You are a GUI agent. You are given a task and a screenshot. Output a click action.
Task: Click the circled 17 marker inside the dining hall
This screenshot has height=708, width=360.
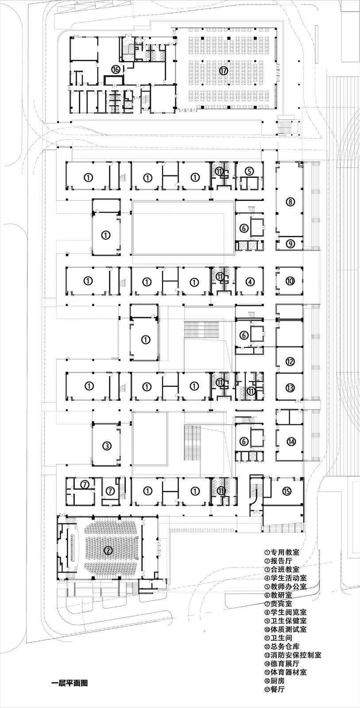[x=224, y=70]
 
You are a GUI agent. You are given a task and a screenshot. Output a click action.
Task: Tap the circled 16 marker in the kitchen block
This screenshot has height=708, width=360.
[x=116, y=69]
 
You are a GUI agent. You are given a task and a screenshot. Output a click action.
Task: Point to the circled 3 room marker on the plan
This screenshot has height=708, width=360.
[x=107, y=446]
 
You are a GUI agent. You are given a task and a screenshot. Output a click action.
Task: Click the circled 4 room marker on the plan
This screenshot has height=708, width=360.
[x=250, y=281]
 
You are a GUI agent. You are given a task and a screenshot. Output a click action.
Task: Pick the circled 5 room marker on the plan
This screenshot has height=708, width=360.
[x=249, y=171]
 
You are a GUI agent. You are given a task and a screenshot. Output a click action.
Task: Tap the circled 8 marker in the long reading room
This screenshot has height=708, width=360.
[x=290, y=202]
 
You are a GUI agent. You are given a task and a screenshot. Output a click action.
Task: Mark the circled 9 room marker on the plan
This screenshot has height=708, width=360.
[x=290, y=244]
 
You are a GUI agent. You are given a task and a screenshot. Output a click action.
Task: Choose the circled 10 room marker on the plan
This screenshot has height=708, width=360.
[x=290, y=281]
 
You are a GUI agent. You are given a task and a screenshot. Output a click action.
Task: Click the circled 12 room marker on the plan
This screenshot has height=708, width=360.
[x=290, y=362]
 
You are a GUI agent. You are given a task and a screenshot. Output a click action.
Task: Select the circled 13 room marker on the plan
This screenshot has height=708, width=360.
[x=290, y=388]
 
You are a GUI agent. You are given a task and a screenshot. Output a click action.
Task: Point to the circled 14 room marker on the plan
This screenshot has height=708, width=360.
[x=291, y=442]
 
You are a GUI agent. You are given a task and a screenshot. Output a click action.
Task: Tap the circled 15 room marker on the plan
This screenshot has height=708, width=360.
[x=286, y=491]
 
